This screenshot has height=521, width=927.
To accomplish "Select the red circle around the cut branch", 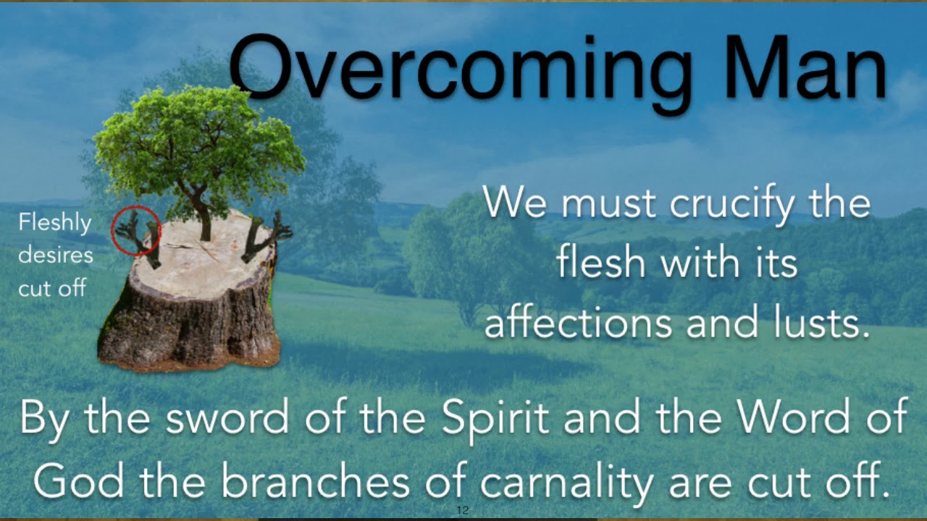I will pos(135,230).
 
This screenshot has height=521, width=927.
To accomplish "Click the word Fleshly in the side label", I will pos(54,223).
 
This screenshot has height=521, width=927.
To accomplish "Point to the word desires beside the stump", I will pos(56,255).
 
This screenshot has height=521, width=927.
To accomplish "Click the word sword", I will pos(218,418).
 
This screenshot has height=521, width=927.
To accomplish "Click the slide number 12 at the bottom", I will pos(463,511).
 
